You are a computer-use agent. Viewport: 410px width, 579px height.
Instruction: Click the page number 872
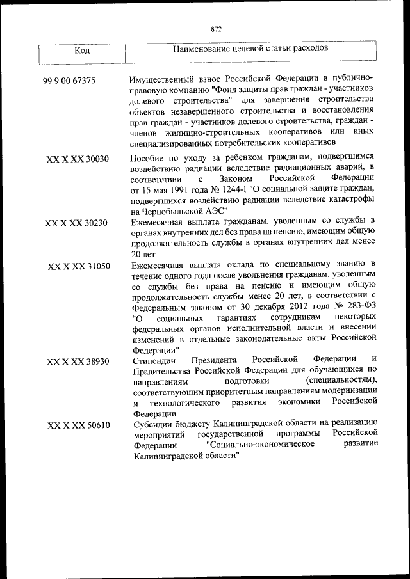[215, 29]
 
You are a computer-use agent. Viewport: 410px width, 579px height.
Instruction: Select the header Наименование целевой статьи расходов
[251, 48]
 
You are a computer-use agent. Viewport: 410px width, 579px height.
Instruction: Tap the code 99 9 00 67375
[69, 81]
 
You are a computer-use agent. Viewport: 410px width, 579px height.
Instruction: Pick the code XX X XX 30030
[78, 159]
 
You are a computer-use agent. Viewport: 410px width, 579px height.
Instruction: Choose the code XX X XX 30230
[77, 224]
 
